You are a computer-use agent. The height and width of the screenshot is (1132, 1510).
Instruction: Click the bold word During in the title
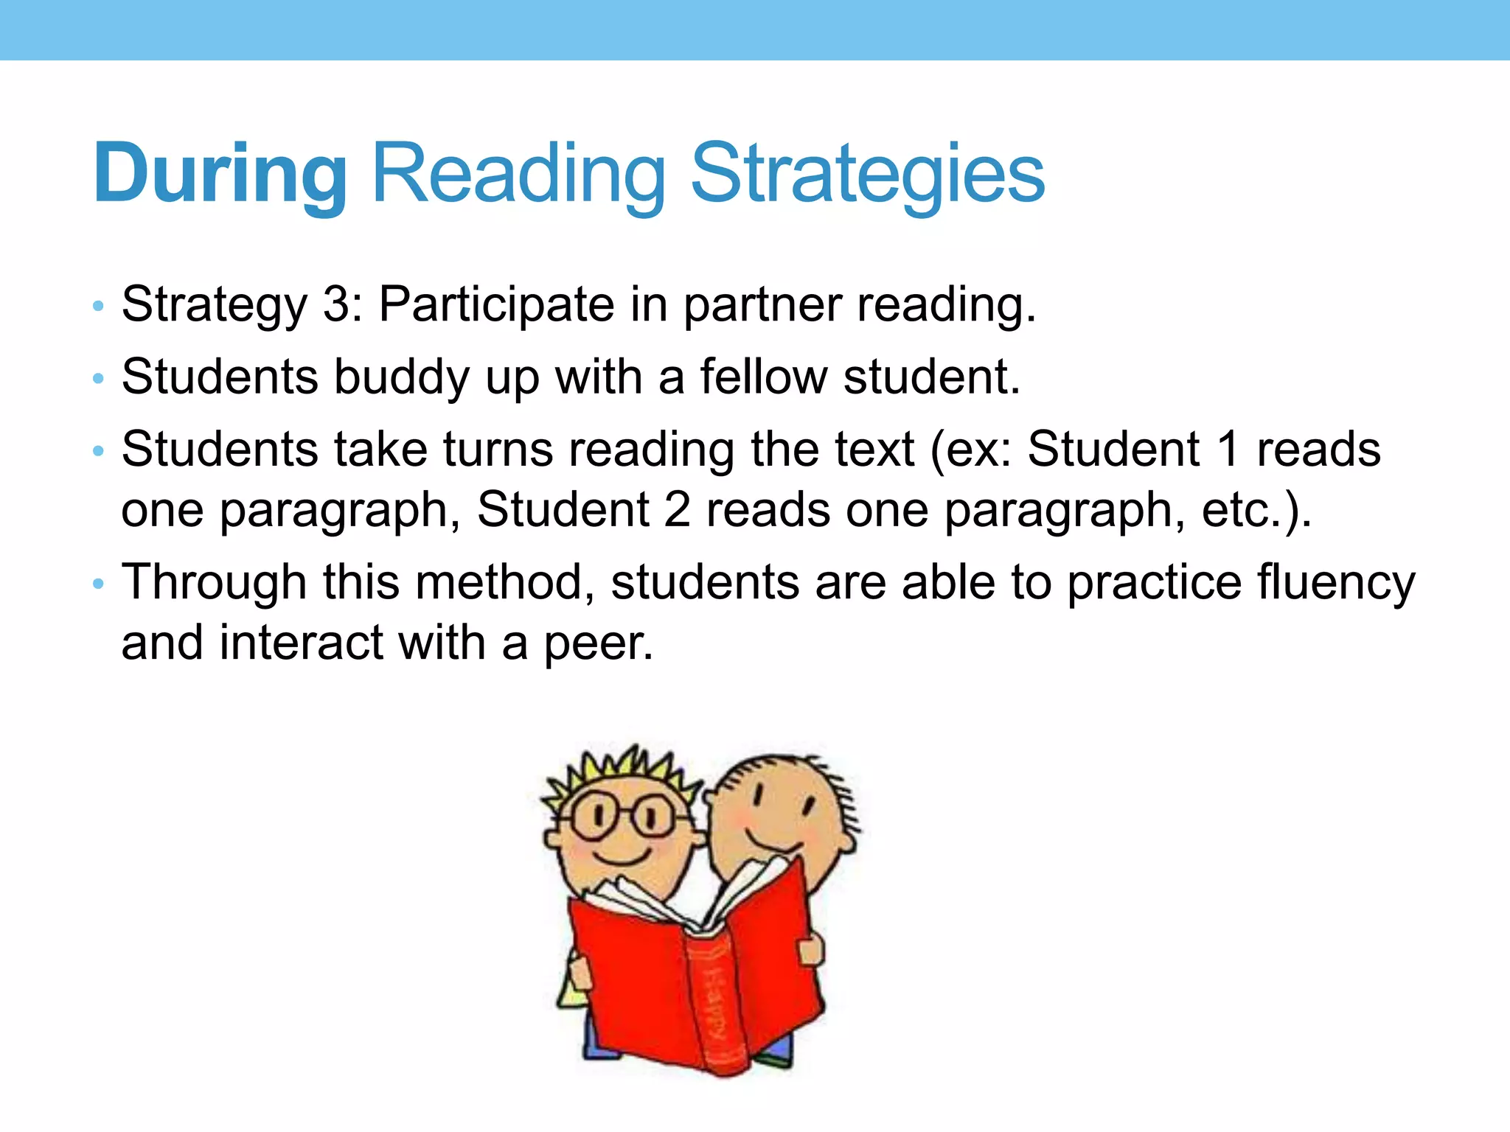point(220,174)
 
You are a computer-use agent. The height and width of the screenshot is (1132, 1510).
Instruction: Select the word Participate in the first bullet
point(496,304)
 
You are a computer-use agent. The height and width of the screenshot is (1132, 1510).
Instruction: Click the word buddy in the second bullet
point(401,377)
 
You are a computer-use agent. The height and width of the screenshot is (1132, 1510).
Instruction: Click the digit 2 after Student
point(677,509)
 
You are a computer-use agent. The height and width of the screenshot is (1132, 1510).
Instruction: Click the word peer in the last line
point(598,643)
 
